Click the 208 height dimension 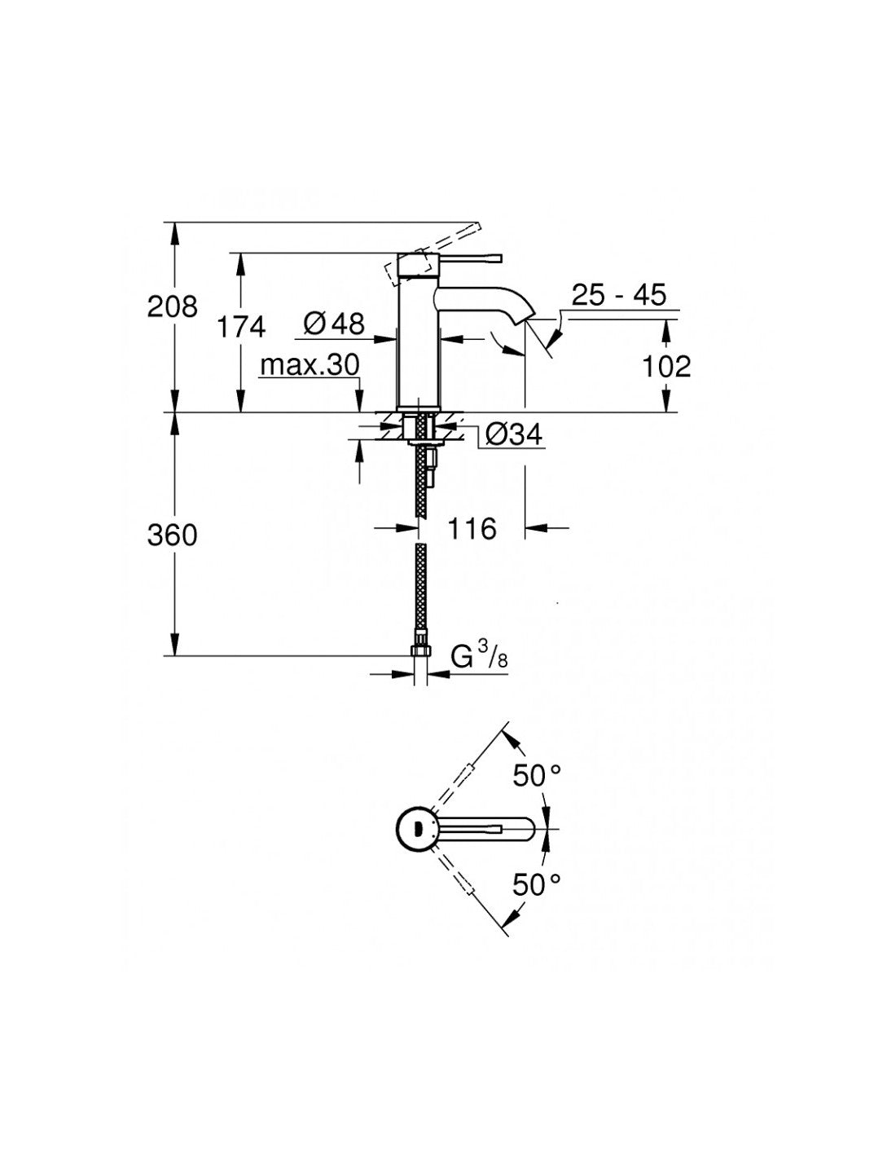coord(172,307)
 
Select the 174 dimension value coord(241,327)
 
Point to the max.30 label coord(310,365)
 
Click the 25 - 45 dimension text coord(618,294)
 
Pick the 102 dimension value coord(666,367)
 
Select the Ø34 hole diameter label coord(514,435)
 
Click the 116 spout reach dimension coord(472,529)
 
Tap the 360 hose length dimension coord(172,535)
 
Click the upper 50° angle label coord(538,776)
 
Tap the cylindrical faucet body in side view coord(418,342)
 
